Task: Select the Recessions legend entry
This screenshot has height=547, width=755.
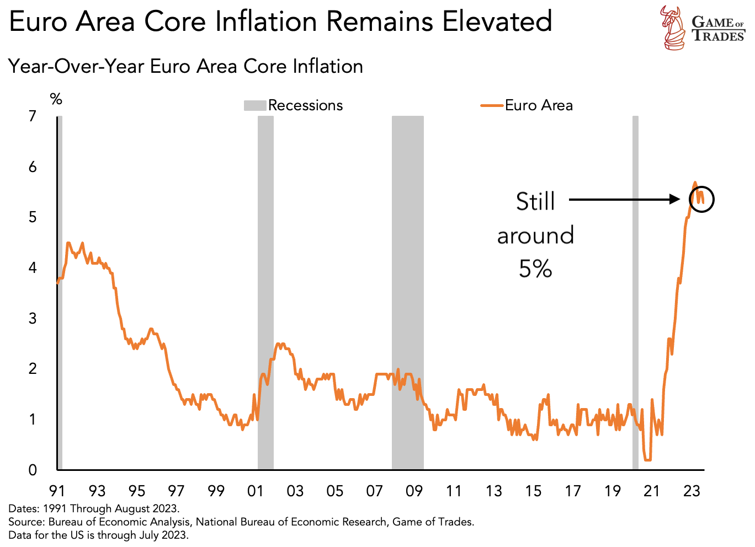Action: (293, 105)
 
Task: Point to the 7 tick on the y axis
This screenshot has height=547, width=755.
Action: (33, 116)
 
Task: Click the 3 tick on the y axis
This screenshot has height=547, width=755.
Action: (33, 318)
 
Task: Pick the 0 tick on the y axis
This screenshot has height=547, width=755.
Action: (33, 470)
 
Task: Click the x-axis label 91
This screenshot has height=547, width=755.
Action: (57, 491)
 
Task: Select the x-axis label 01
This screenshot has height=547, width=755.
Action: (256, 491)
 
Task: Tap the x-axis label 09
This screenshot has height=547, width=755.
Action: (414, 491)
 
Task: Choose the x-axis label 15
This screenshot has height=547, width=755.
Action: (533, 491)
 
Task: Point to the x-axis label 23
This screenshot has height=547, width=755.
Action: (692, 491)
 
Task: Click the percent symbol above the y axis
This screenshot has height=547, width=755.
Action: (56, 99)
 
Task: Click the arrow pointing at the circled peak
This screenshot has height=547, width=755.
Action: (624, 200)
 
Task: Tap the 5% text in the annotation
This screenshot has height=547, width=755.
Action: (535, 269)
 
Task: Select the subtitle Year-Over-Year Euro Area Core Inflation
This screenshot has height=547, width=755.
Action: (185, 67)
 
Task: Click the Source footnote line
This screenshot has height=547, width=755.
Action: (241, 522)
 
